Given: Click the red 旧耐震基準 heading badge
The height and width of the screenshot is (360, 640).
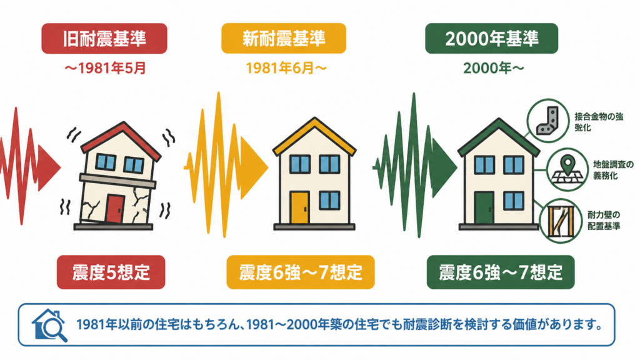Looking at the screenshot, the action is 104,38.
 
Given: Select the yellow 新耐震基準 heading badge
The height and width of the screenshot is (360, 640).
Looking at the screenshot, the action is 284,38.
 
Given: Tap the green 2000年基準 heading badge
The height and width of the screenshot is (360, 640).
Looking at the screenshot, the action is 491,38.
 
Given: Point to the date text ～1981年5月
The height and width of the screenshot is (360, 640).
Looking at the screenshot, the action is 105,68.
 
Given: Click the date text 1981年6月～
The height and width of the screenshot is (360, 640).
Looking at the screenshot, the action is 286,68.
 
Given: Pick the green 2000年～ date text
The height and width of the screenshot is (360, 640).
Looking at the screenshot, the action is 494,68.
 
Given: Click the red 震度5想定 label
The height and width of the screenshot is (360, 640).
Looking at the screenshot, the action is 111,272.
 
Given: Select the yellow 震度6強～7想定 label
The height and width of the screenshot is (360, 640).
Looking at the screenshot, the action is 301,272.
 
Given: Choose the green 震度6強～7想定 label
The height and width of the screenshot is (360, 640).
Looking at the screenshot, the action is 501,272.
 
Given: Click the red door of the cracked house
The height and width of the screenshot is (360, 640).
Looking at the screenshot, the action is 115,209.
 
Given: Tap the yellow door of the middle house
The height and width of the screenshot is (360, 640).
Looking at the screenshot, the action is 299,207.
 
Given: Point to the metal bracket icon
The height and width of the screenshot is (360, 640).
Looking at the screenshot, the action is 547,121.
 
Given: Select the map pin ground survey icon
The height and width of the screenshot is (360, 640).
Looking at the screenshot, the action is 567,169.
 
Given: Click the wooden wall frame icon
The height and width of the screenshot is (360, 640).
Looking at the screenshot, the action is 561,221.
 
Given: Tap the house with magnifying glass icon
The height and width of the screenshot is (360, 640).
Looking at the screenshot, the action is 49,325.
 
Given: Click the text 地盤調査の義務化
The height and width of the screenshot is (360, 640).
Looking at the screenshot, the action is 613,170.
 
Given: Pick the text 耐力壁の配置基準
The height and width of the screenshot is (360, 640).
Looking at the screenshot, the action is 604,221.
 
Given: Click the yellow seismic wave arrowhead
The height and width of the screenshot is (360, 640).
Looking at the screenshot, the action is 254,167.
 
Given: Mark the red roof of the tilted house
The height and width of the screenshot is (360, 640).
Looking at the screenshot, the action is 121,138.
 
